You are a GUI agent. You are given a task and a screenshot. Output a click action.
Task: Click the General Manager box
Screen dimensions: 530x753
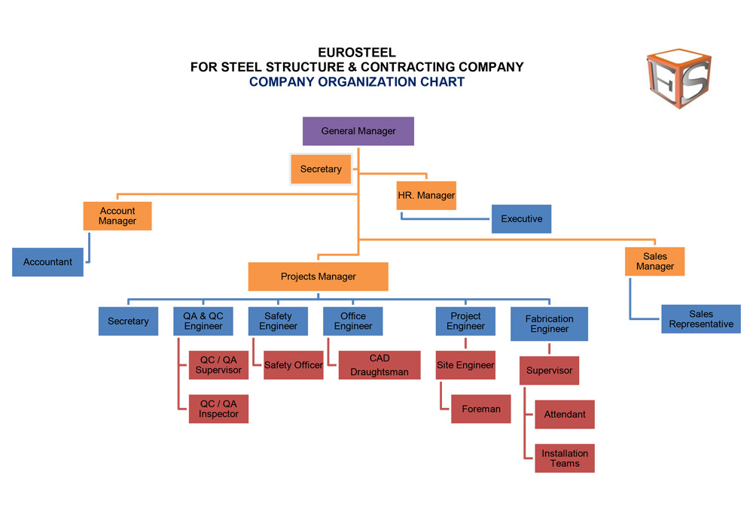tap(358, 131)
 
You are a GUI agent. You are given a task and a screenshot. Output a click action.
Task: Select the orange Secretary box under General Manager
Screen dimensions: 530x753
tap(321, 169)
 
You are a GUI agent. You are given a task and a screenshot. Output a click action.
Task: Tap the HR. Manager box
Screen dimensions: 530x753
tap(426, 196)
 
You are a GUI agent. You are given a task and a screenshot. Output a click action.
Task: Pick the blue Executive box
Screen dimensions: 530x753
tap(521, 219)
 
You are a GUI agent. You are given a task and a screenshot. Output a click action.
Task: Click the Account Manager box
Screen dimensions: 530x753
tap(117, 216)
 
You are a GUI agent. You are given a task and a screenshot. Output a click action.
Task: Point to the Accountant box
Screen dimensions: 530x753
tap(47, 262)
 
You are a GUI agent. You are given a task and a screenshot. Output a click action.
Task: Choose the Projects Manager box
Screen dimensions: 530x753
tap(318, 276)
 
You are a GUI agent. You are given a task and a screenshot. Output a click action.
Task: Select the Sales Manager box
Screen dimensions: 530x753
tap(655, 261)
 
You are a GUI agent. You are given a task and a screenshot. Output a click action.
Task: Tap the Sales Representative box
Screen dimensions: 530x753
tap(701, 319)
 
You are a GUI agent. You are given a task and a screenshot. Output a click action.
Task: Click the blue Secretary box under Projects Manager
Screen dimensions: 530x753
tap(128, 321)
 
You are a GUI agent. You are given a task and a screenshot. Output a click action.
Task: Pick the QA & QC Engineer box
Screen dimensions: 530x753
tap(203, 321)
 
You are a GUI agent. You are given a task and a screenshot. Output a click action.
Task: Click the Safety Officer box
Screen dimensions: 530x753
tap(293, 365)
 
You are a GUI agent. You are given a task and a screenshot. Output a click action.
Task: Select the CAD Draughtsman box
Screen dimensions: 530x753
tap(380, 365)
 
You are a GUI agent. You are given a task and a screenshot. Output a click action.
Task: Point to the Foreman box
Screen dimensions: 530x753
tap(481, 409)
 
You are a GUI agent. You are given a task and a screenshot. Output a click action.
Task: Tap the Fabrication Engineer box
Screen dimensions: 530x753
tap(549, 324)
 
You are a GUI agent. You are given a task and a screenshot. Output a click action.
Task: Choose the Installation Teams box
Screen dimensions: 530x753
tap(565, 458)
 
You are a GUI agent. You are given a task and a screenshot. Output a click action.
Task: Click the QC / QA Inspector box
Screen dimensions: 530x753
tap(218, 409)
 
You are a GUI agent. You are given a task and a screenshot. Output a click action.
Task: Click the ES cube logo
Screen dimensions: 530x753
tap(678, 80)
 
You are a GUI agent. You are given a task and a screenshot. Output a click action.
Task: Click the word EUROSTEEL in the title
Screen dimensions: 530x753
tap(357, 53)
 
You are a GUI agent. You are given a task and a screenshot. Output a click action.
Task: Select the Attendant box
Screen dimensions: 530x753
tap(565, 414)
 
